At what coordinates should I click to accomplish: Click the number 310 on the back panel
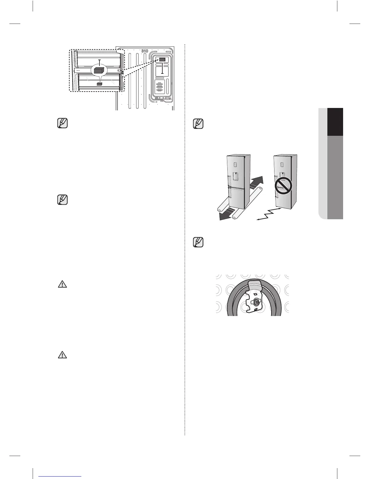pos(145,51)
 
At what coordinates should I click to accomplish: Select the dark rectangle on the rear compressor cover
pos(162,60)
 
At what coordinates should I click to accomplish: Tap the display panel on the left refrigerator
pos(235,164)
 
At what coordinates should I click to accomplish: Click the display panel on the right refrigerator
pos(282,165)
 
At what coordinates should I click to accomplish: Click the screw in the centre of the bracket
pos(256,301)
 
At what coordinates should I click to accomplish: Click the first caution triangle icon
pos(62,284)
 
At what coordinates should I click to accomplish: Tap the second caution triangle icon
pos(62,355)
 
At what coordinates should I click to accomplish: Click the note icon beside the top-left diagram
pos(62,124)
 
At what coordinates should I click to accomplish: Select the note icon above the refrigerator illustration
pos(198,124)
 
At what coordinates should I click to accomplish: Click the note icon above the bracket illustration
pos(198,242)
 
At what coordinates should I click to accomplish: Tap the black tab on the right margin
pos(335,122)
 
